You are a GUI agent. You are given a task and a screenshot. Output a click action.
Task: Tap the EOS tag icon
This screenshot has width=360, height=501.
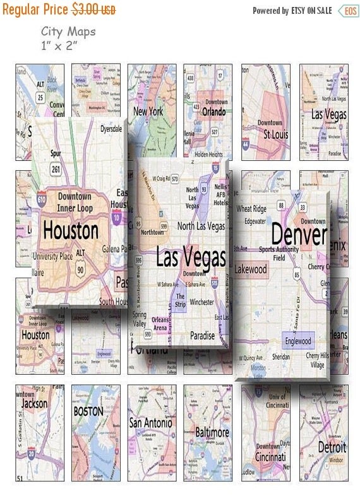(x=347, y=11)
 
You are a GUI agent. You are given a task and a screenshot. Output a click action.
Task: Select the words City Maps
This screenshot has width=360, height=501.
(x=68, y=32)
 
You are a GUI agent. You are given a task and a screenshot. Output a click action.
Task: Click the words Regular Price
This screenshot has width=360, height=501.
(x=35, y=11)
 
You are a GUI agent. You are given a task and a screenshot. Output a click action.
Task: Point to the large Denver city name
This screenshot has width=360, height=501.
(x=299, y=235)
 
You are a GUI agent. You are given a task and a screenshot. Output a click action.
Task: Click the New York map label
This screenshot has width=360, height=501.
(x=148, y=112)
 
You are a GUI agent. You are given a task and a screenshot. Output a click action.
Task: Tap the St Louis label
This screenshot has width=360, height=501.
(x=275, y=134)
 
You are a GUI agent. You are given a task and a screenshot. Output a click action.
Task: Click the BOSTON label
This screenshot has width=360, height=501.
(x=88, y=411)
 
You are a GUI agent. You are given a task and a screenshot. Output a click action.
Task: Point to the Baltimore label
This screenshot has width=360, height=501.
(x=211, y=433)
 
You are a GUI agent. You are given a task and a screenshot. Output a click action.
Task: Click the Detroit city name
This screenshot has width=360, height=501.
(x=332, y=447)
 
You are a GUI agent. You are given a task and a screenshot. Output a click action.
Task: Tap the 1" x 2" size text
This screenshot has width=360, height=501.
(x=60, y=45)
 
